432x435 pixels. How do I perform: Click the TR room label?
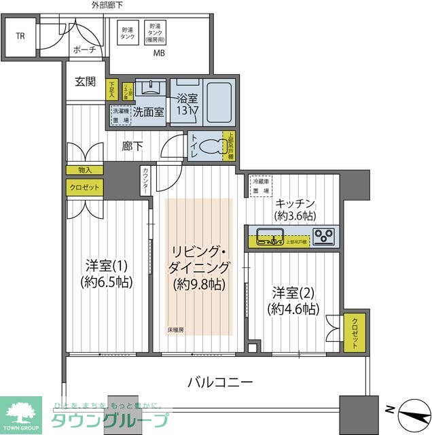pos(20,36)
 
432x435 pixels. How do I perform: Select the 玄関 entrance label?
pos(86,82)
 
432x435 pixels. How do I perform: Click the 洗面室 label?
pos(147,112)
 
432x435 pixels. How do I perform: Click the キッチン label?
pos(293,202)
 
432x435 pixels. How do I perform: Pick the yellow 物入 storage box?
pos(85,171)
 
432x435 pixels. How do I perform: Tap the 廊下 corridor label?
pos(132,145)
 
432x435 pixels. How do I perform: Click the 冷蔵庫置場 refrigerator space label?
pos(262,186)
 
